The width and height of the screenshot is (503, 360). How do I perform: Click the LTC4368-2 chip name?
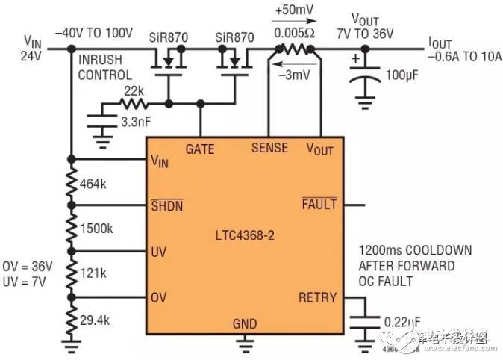tap(243, 235)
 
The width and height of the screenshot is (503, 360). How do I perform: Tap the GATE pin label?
tap(200, 149)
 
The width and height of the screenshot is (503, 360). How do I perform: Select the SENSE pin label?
tap(269, 148)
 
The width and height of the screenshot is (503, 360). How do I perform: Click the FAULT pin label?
tap(319, 204)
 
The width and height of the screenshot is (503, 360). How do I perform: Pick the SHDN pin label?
tap(166, 205)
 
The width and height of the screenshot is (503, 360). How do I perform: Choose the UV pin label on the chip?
tap(159, 251)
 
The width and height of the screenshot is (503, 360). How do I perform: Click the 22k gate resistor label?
tap(134, 90)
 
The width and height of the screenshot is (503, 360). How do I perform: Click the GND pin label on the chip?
tap(244, 324)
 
